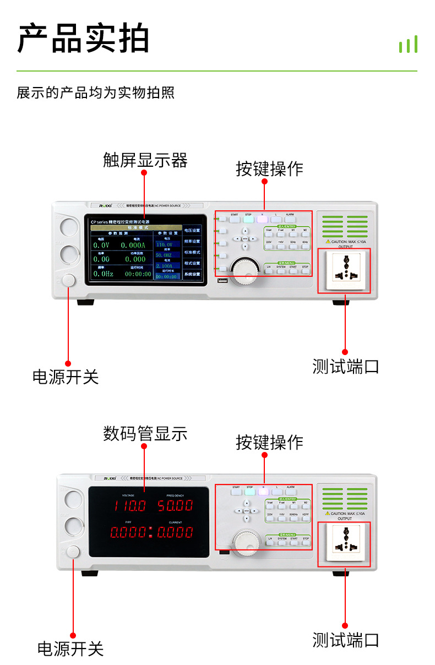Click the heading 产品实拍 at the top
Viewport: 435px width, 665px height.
click(84, 39)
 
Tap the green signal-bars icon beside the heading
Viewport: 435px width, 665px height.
click(408, 45)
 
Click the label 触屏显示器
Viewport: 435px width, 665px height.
click(145, 160)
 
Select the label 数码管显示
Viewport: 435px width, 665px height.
click(145, 433)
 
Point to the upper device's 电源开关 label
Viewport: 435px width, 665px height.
click(66, 377)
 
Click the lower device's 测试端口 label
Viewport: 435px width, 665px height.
click(346, 640)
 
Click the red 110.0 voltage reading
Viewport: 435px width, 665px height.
click(130, 505)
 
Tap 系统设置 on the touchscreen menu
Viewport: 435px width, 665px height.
click(192, 274)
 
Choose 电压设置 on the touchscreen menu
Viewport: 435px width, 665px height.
click(192, 230)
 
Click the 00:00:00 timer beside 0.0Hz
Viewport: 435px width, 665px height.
click(138, 274)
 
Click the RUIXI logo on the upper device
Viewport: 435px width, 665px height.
click(105, 205)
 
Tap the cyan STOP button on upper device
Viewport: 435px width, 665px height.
click(248, 219)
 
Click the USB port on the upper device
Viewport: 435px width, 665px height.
click(222, 282)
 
